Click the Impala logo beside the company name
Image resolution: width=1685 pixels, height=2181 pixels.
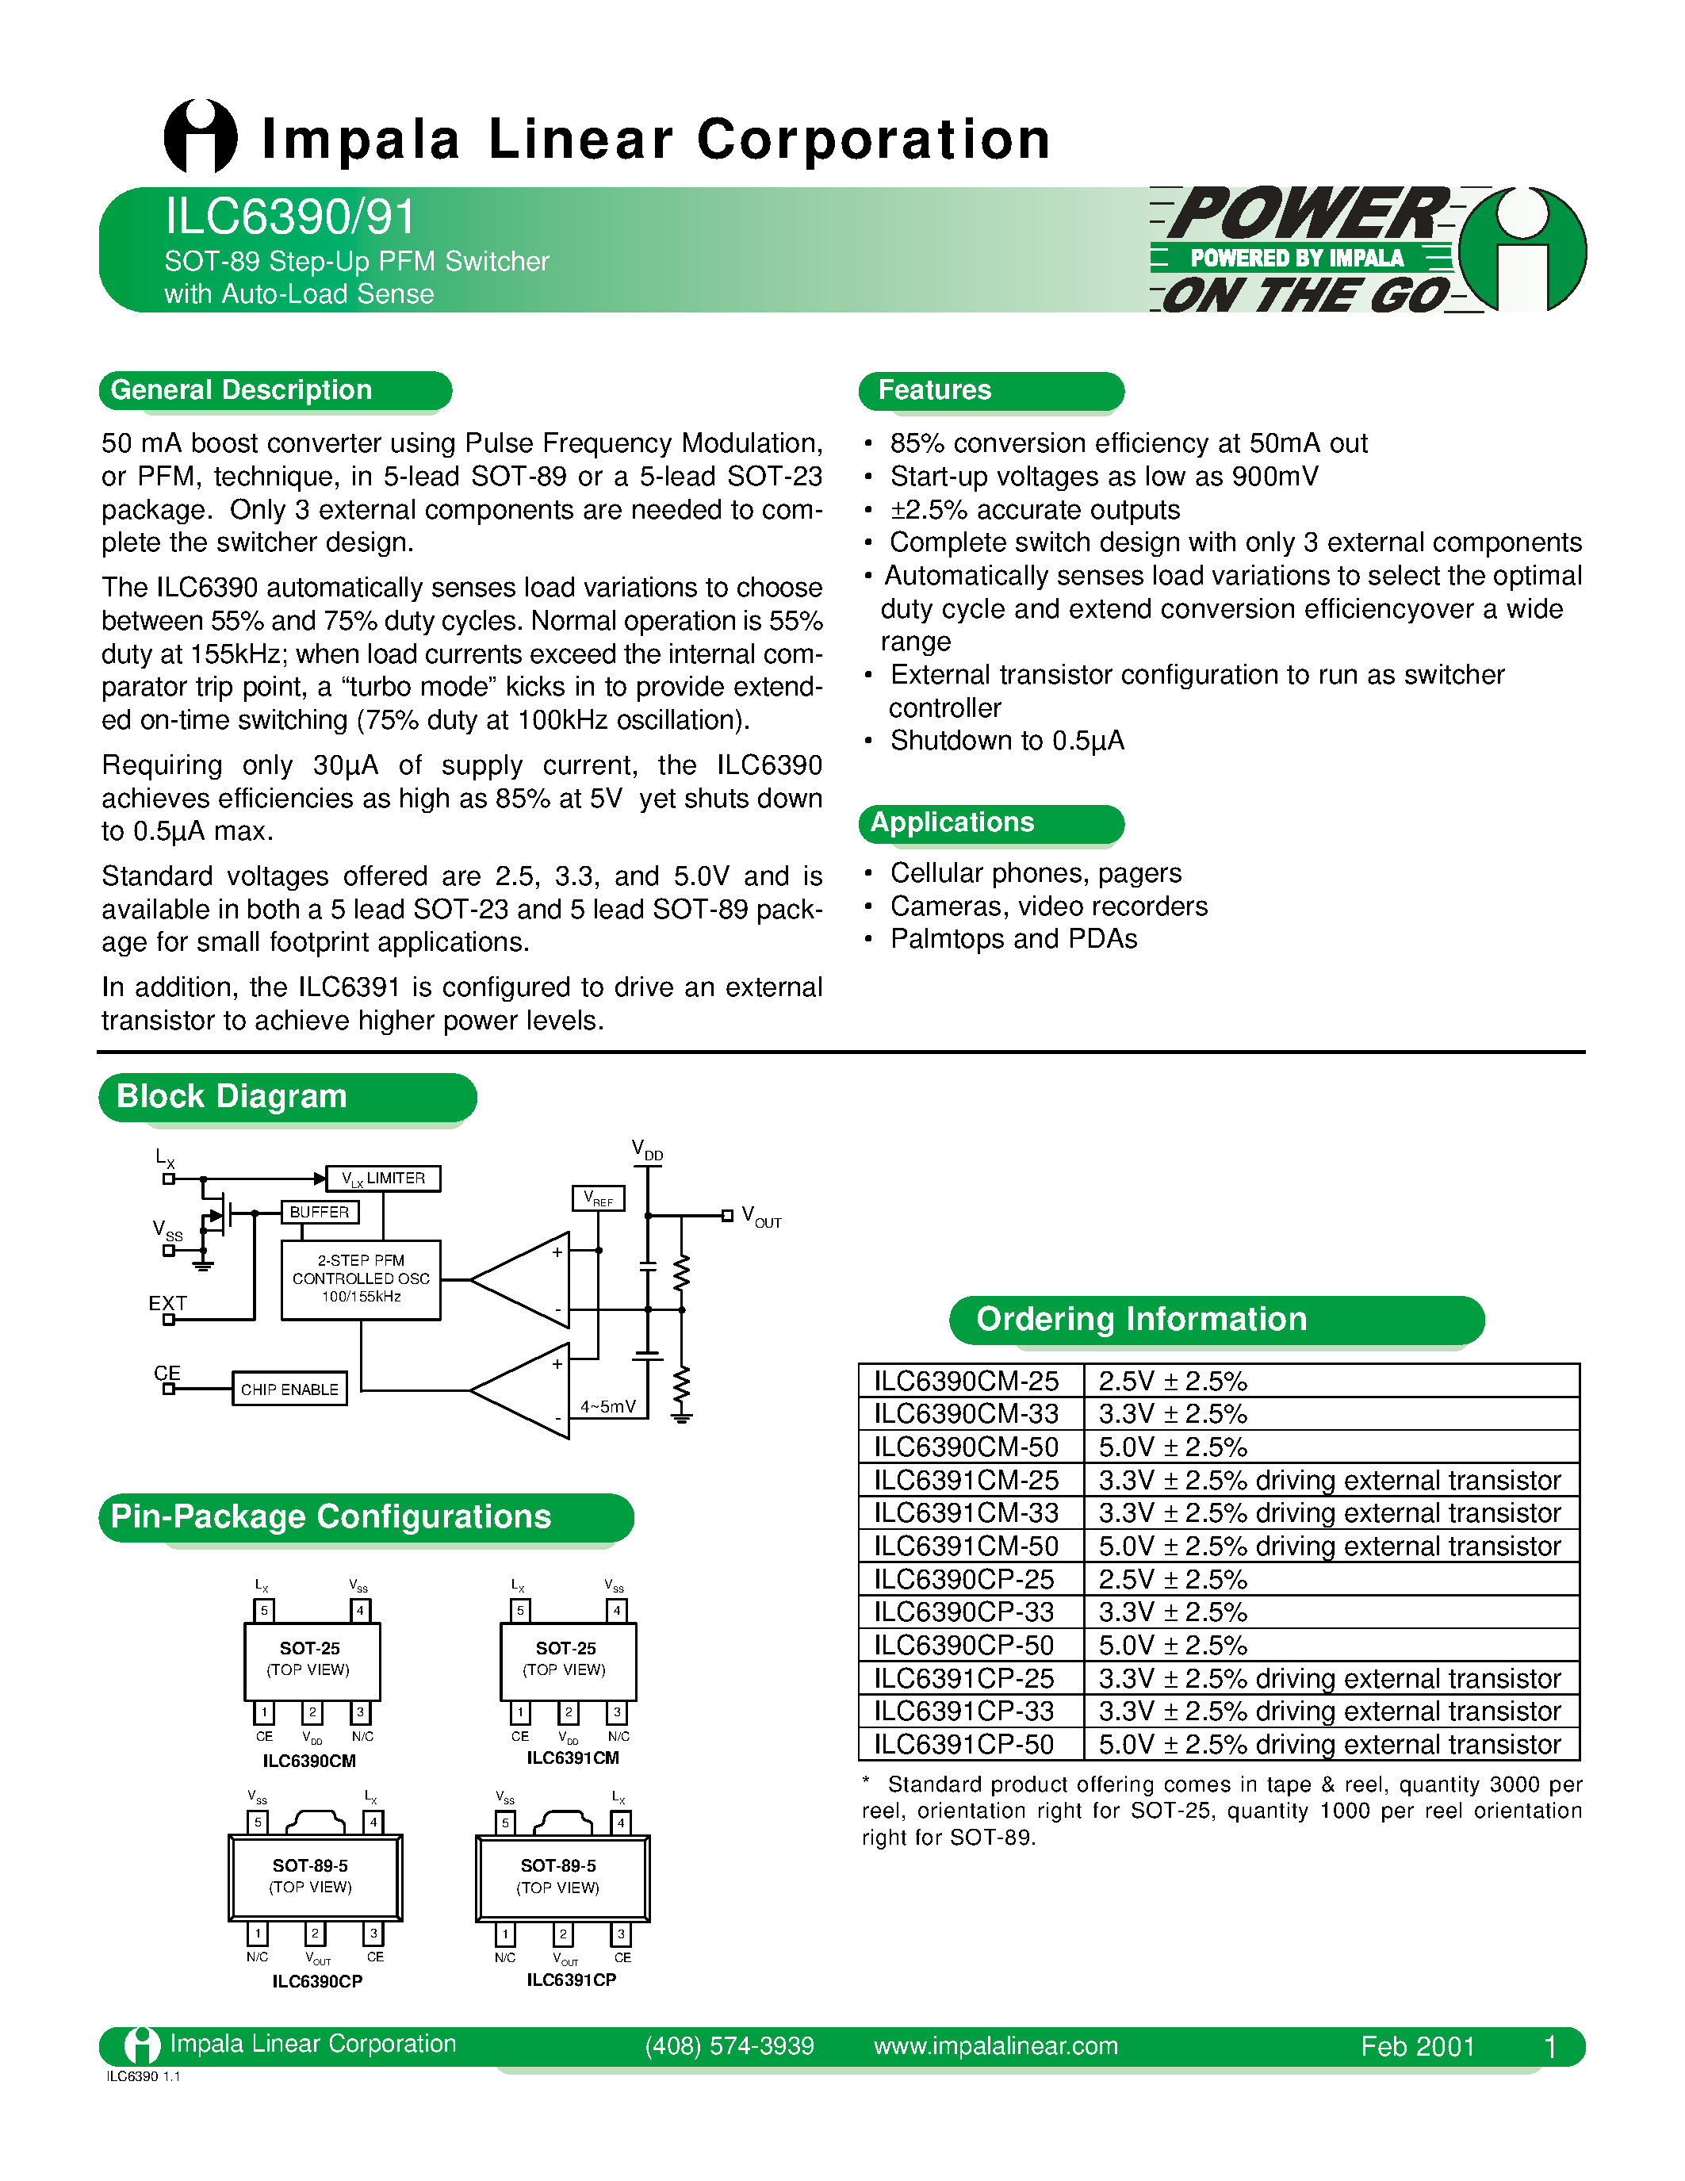pos(200,137)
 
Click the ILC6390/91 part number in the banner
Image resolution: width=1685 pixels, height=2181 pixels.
pos(289,217)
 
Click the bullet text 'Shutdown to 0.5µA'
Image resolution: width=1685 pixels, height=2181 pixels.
pos(1006,741)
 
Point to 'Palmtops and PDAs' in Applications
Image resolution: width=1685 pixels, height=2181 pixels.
pos(1013,940)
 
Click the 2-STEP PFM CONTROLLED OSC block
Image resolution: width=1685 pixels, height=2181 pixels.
pos(360,1279)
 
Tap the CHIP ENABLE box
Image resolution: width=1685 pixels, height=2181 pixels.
pos(289,1389)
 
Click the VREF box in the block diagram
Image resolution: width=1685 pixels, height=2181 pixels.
pos(598,1198)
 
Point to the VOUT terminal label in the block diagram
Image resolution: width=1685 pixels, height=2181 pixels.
pos(760,1217)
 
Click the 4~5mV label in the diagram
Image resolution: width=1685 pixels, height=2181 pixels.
pos(608,1407)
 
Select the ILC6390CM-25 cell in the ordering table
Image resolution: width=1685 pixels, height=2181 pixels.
pos(967,1381)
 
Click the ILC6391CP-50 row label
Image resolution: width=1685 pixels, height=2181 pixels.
pos(964,1745)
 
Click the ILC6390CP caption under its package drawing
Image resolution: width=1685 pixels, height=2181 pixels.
pos(316,1981)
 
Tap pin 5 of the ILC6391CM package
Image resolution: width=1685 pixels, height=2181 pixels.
pos(519,1611)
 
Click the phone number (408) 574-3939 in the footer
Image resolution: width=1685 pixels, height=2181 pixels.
pos(729,2046)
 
